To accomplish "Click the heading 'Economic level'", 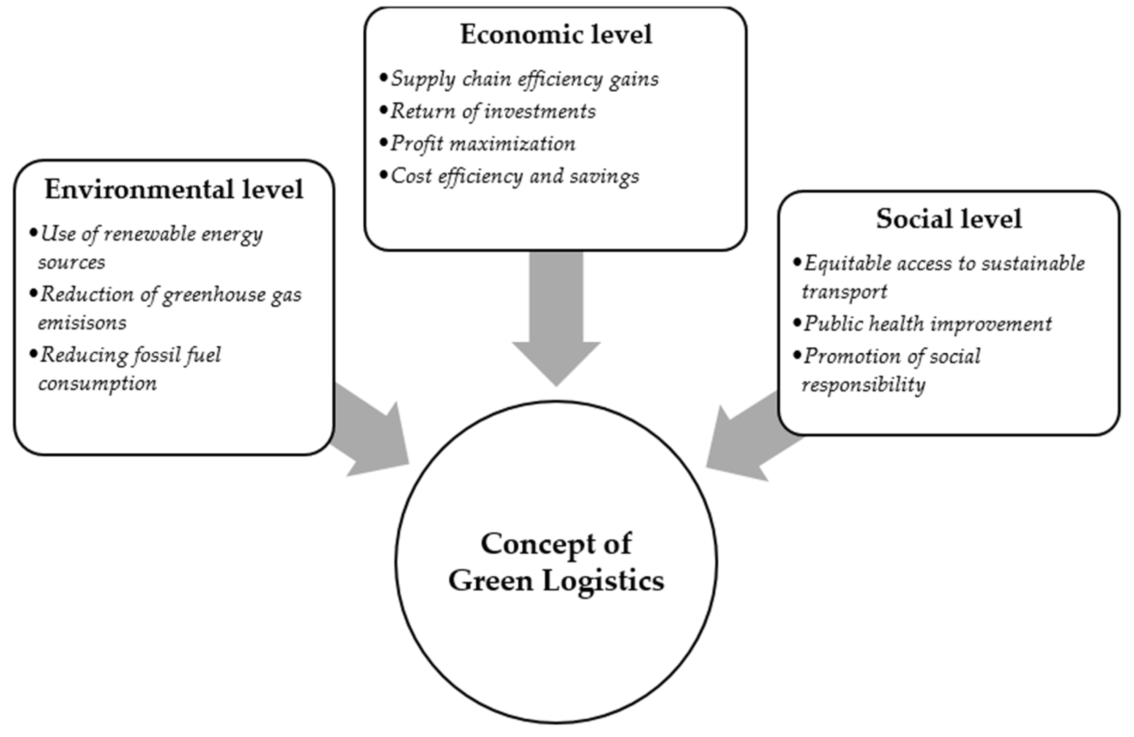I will [x=556, y=35].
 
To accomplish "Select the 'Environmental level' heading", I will [x=174, y=190].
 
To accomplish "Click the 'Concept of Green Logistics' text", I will [x=556, y=562].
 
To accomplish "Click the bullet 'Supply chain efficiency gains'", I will [x=525, y=79].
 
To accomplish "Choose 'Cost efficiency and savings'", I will [x=515, y=176].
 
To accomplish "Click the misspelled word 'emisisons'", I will [x=82, y=323].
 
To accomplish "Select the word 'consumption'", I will [x=97, y=383].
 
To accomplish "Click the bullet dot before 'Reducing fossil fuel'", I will [x=33, y=354].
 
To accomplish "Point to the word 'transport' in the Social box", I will [x=844, y=292].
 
